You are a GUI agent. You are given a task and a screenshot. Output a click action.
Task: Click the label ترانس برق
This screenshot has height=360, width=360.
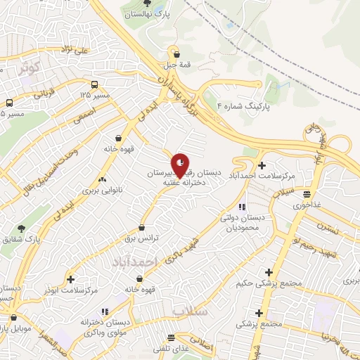(x=144, y=238)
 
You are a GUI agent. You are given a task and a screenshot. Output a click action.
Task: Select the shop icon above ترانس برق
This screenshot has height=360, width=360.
(x=143, y=228)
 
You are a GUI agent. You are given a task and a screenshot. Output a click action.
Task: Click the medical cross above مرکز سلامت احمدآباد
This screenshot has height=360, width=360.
(x=262, y=165)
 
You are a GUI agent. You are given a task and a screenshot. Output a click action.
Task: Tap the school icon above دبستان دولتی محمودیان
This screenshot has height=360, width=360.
(x=241, y=207)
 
